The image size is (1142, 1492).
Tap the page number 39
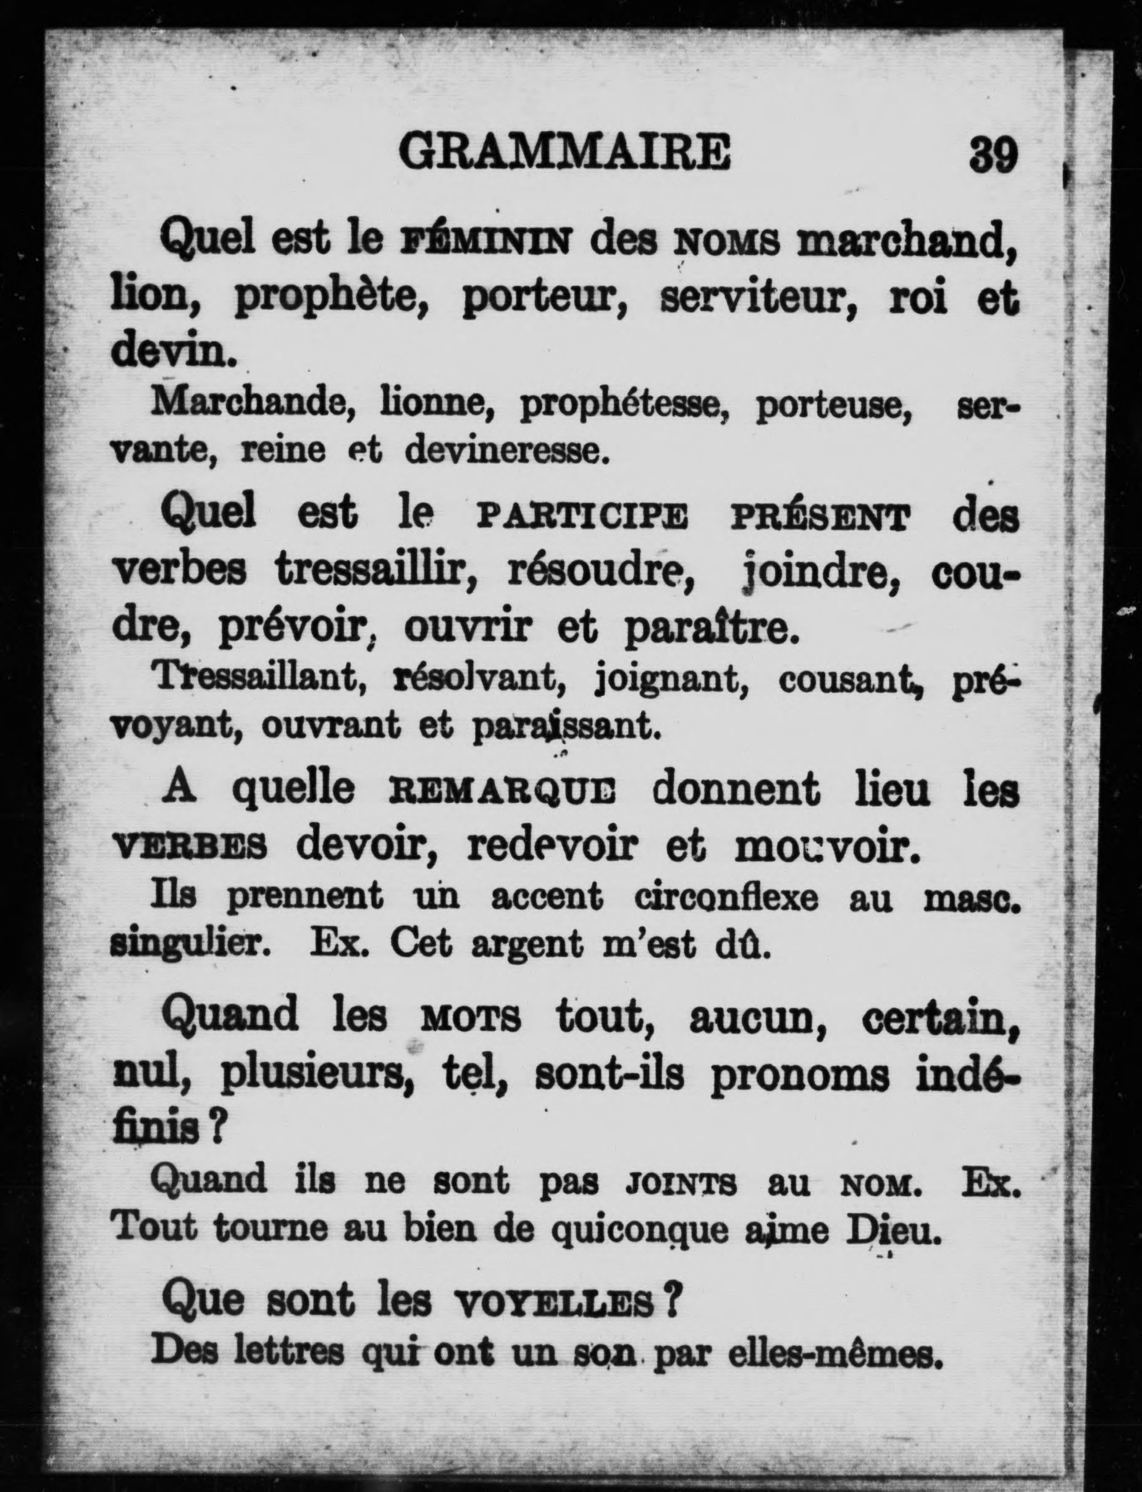(993, 155)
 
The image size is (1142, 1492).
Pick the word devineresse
(504, 452)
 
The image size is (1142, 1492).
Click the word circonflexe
(726, 898)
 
